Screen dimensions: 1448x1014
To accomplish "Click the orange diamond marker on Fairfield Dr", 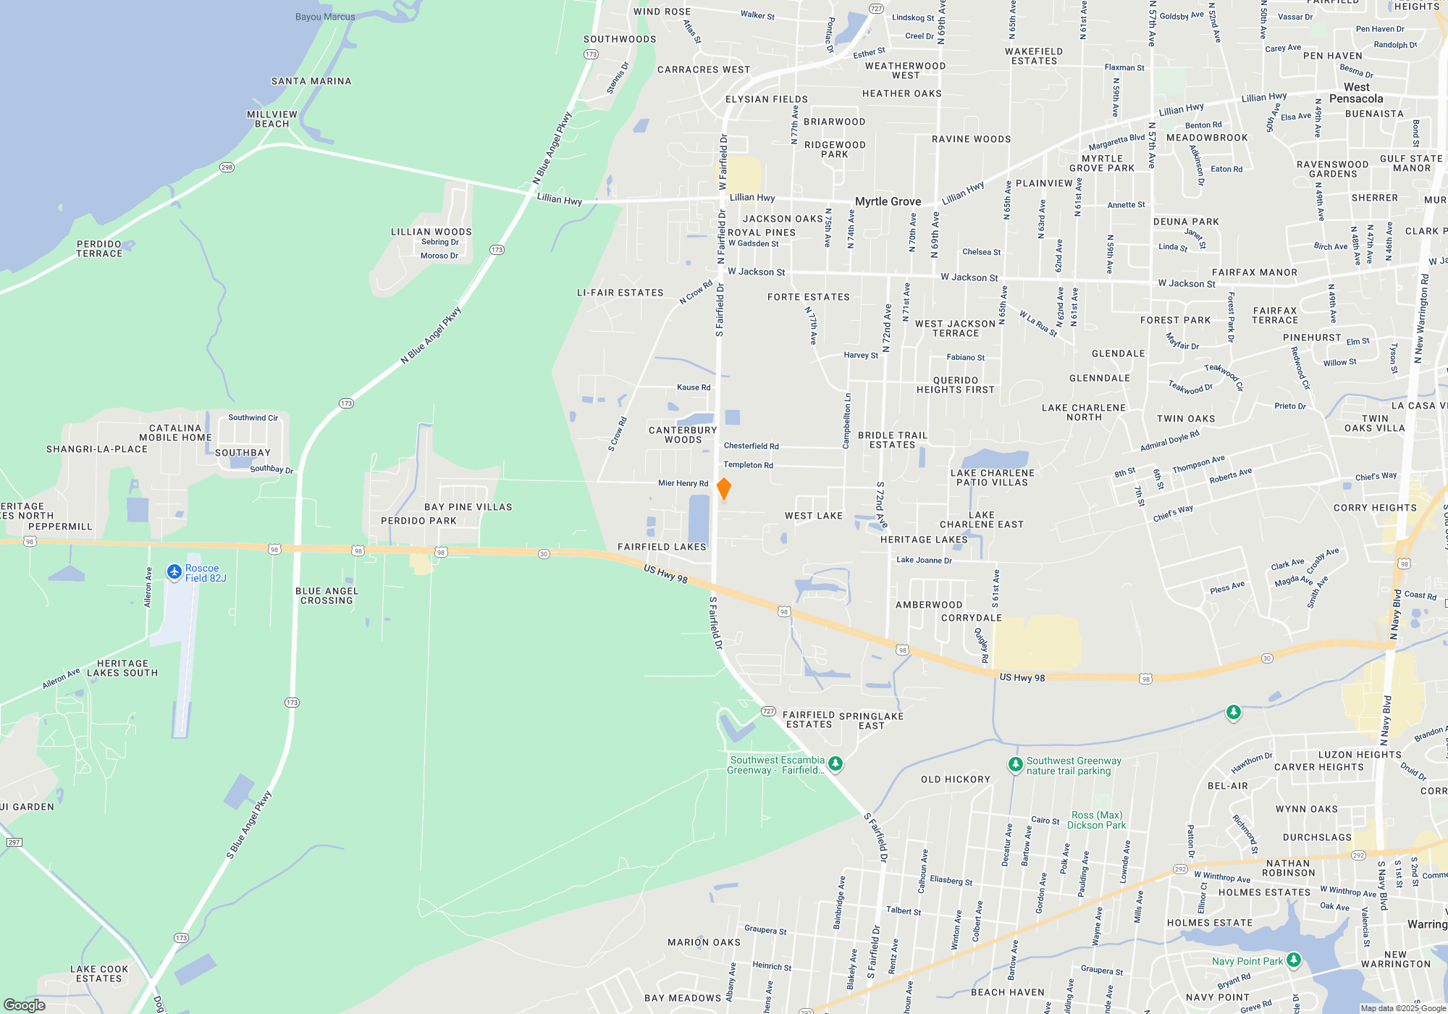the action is point(723,489).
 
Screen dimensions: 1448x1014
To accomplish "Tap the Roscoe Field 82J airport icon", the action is point(174,572).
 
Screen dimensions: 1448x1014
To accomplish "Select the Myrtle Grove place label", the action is point(888,201).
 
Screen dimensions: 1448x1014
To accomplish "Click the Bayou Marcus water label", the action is point(325,17).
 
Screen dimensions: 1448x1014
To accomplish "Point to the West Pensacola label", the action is point(1356,93).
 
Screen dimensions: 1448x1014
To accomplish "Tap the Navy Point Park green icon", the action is point(1294,960).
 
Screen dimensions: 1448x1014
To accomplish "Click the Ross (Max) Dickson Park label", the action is point(1097,820).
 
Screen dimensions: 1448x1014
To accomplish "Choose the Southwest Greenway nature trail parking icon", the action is point(1015,764).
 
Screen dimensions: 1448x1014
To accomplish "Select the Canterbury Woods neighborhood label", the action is point(683,435).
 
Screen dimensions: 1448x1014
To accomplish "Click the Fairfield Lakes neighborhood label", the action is point(662,547).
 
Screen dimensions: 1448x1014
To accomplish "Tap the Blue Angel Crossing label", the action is point(327,595).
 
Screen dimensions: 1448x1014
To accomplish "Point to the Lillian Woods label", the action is point(432,232).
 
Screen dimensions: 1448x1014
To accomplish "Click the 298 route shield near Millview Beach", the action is point(227,167).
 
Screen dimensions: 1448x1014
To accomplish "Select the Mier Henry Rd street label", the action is point(683,483).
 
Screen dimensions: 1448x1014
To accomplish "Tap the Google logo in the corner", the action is point(25,1005).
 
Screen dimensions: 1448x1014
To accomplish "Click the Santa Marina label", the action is point(311,81).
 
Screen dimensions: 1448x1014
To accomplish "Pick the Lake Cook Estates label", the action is point(99,973).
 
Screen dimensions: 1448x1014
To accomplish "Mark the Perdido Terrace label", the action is point(99,248).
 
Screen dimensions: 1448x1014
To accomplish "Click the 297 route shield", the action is point(14,842).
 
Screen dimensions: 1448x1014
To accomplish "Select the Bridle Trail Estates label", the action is point(892,440).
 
